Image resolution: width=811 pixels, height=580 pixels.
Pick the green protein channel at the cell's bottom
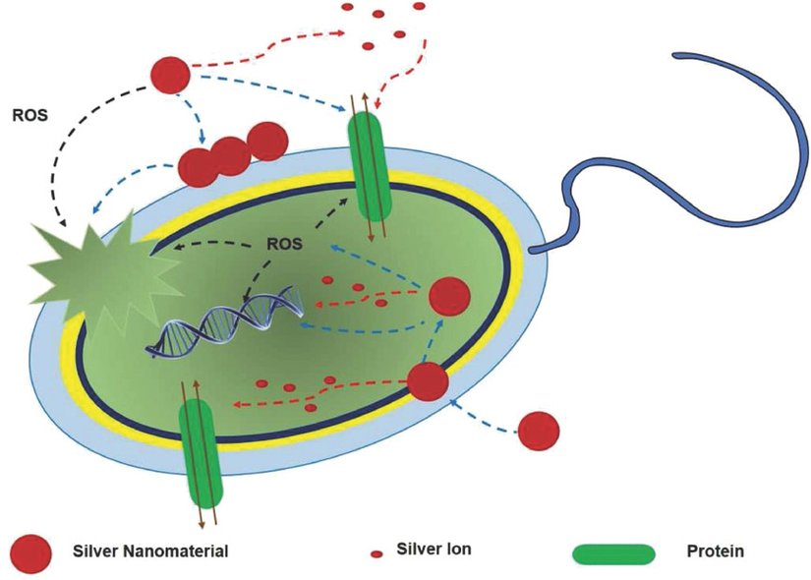(201, 453)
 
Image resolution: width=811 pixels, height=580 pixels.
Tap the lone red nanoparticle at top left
(169, 73)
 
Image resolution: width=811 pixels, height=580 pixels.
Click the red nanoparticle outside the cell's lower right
(539, 430)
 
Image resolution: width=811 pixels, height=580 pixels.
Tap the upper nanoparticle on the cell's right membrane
(449, 296)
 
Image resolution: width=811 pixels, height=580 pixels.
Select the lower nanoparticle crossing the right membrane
(428, 381)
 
